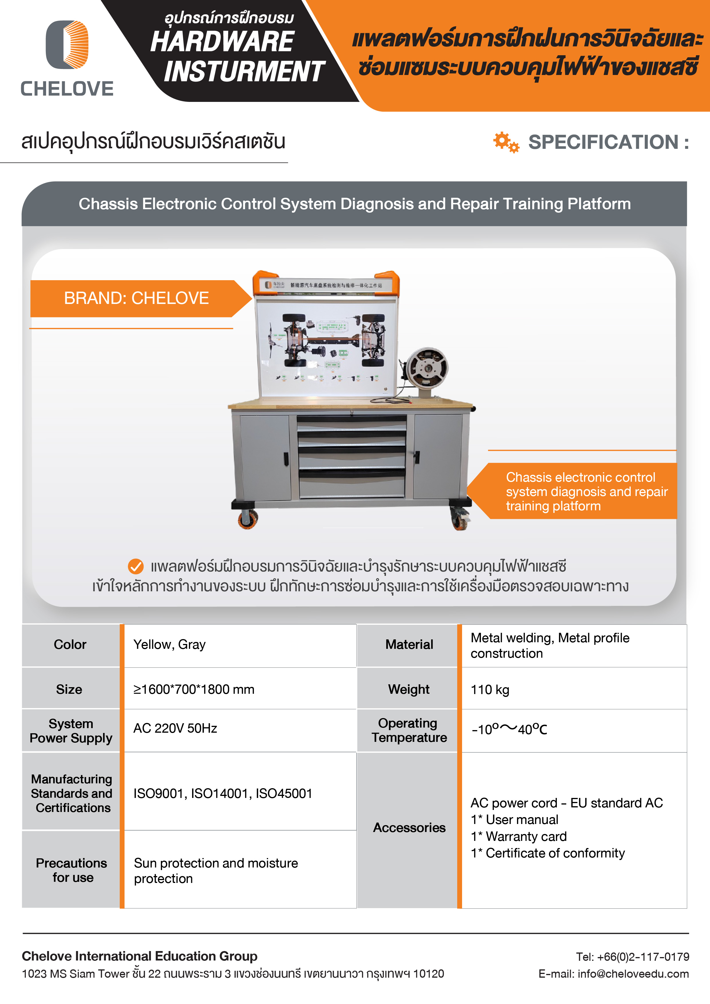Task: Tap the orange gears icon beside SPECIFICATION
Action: (x=506, y=142)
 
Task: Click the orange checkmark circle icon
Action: (x=136, y=566)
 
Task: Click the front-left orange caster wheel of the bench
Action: (x=248, y=519)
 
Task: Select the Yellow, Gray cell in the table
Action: (x=169, y=645)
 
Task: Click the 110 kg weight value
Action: (x=490, y=689)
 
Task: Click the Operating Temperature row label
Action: (x=409, y=730)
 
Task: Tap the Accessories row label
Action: (x=409, y=828)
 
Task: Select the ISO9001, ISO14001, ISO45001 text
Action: (x=223, y=794)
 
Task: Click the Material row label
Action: (x=409, y=645)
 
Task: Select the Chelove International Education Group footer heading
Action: (x=139, y=956)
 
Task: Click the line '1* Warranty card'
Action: (x=518, y=837)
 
